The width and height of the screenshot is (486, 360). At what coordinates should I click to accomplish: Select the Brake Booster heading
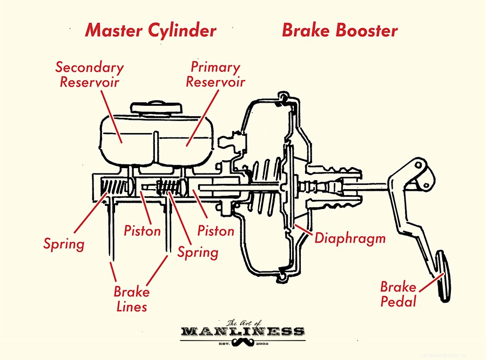[340, 30]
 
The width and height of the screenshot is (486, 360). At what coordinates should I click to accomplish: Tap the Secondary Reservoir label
[90, 75]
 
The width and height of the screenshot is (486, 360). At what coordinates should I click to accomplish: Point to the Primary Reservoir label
[215, 75]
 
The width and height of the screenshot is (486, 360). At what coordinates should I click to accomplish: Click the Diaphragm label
[350, 238]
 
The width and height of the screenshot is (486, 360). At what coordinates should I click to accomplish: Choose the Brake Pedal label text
[399, 294]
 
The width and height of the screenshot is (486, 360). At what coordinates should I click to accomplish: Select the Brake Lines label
[131, 299]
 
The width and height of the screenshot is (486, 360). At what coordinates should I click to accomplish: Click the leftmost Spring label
[64, 244]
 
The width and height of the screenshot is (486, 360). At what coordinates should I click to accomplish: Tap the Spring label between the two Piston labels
[198, 252]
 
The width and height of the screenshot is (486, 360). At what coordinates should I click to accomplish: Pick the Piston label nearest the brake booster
[216, 231]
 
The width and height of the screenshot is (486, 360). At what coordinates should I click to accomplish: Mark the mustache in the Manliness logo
[242, 343]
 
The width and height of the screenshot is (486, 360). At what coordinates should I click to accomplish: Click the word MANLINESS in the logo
[242, 331]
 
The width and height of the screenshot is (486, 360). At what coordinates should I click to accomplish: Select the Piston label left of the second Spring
[143, 231]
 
